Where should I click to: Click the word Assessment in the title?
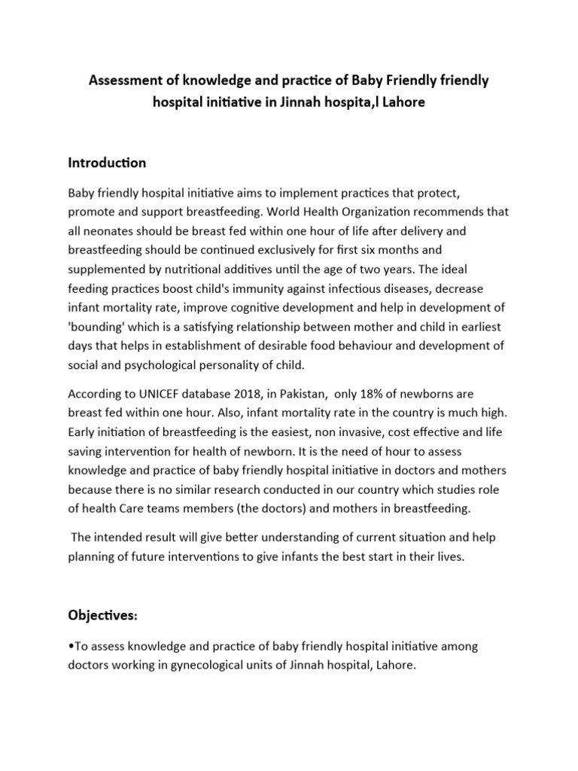click(x=123, y=81)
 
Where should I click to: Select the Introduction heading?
click(x=107, y=163)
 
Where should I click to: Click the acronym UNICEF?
click(x=157, y=394)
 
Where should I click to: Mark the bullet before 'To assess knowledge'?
click(x=70, y=647)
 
